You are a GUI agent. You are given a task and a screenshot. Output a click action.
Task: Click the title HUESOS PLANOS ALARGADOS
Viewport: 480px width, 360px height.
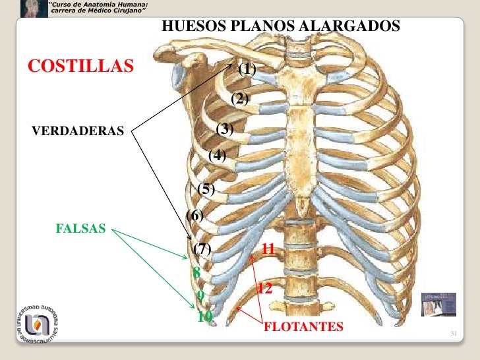pos(280,26)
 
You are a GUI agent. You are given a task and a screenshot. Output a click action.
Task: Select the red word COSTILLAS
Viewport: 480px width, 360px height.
pos(80,66)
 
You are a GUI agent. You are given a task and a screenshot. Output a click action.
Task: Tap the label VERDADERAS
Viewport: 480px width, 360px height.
pos(78,131)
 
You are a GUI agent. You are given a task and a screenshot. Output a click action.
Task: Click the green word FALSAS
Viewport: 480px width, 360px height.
pos(81,229)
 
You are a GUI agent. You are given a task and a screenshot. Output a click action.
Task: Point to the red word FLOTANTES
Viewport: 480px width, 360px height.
pos(303,326)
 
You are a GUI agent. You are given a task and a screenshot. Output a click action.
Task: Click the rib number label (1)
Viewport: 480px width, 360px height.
pos(247,69)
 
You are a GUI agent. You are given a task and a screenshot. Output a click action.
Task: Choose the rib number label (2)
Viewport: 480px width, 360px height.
pos(239,99)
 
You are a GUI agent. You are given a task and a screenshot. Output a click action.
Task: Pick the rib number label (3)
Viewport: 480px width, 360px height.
pos(225,129)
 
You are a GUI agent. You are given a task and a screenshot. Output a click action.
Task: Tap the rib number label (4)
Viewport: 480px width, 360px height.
pos(217,156)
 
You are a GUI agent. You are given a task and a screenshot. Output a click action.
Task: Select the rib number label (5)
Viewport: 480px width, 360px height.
pos(206,189)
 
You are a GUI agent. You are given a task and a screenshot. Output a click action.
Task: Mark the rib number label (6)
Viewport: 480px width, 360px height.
pos(195,215)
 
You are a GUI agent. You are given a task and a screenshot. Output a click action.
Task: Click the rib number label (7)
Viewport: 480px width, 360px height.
pos(202,249)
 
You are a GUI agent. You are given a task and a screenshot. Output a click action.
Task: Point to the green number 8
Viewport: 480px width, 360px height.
pos(196,272)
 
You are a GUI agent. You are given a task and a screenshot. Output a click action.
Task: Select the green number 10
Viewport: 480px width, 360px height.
pos(205,316)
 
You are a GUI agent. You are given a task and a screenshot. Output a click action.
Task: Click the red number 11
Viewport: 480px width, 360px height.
pos(268,249)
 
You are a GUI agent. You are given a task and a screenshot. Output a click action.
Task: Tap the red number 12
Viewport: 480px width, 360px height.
pos(265,289)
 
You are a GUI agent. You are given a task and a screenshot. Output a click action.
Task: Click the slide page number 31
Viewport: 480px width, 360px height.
pos(454,334)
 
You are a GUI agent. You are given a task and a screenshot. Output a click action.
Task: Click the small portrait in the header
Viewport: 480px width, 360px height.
pos(33,8)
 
